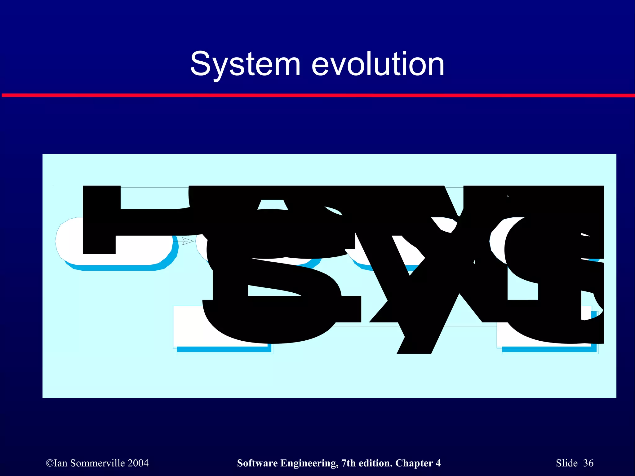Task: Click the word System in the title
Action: click(x=245, y=64)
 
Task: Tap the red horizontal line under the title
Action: click(x=317, y=95)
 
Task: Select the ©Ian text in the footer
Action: click(x=56, y=463)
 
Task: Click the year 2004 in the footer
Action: click(x=138, y=463)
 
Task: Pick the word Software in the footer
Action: click(x=257, y=463)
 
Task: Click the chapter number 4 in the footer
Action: click(x=438, y=463)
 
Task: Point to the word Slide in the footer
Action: click(x=567, y=463)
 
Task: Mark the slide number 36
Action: click(x=588, y=463)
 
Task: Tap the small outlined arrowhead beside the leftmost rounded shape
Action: click(x=188, y=241)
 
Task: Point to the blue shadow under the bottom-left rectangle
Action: click(x=223, y=349)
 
